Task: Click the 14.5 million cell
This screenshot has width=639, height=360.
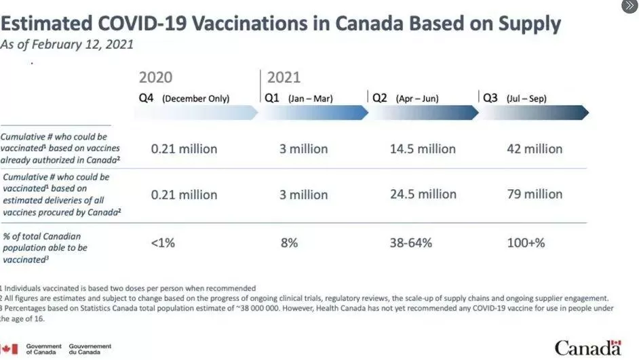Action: pos(423,149)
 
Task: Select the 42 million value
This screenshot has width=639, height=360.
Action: pos(535,149)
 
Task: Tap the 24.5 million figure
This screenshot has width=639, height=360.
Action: pos(423,195)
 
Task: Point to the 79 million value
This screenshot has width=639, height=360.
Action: pos(535,195)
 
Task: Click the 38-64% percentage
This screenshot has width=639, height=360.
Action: pos(411,243)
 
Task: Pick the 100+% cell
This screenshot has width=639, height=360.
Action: pos(526,243)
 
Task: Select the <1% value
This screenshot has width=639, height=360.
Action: pos(163,243)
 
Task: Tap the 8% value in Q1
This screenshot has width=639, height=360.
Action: pos(289,243)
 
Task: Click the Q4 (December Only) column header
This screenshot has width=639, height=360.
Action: pos(185,98)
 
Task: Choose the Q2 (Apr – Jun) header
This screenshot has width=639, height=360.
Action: pos(406,98)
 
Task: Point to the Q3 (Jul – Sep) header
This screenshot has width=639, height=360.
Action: pos(515,98)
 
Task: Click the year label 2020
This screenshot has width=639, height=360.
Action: pos(155,77)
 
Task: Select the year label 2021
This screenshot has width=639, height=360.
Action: pos(284,77)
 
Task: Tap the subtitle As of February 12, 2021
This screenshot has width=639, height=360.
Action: pos(67,44)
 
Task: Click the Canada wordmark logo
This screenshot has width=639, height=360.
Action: pos(588,348)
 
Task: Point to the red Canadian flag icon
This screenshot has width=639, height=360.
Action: pos(9,349)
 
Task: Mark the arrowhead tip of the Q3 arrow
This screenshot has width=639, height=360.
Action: pos(589,113)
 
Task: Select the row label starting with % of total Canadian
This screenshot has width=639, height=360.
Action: pos(45,248)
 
